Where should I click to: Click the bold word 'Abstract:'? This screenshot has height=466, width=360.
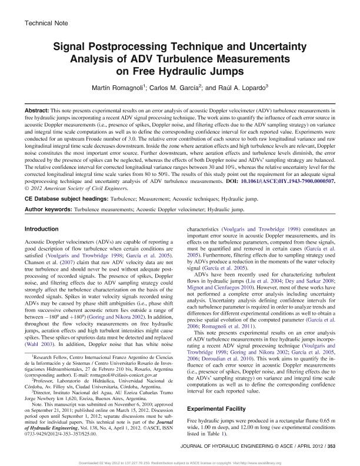[x=38, y=110]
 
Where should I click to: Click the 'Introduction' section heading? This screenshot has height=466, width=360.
[x=44, y=228]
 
